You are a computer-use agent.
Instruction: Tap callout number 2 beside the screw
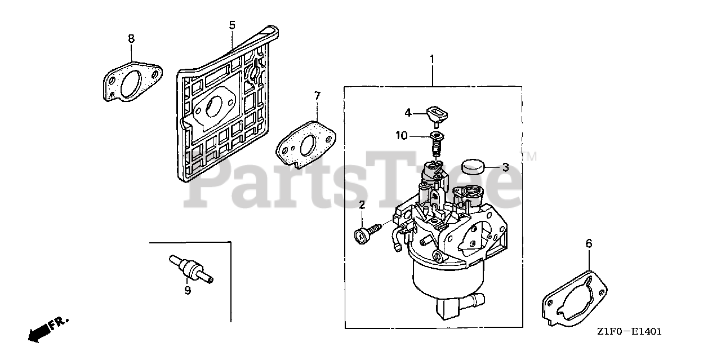tap(362, 203)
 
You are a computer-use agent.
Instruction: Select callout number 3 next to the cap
tap(505, 167)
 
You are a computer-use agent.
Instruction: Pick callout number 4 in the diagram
tap(408, 112)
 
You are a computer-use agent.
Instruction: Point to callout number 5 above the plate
tap(232, 25)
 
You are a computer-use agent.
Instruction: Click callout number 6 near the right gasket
tap(589, 243)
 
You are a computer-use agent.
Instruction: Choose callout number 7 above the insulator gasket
tap(317, 96)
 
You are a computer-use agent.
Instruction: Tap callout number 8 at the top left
tap(131, 38)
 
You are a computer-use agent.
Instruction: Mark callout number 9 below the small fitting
tap(188, 290)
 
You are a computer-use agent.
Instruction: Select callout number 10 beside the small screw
tap(401, 135)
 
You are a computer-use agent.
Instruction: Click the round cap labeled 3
tap(473, 166)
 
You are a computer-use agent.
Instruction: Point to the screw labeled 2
tap(366, 232)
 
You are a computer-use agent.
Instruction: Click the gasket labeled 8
tap(132, 82)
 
